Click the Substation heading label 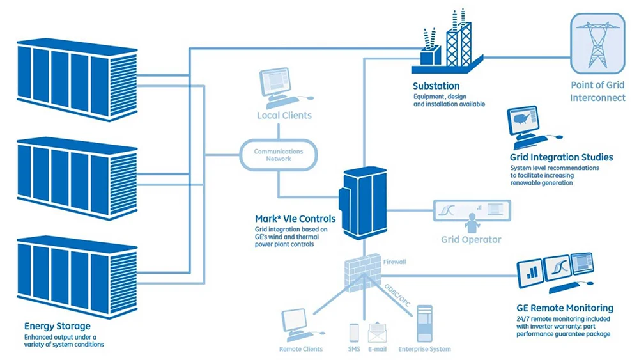(436, 86)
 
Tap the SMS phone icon (354, 333)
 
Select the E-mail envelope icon (378, 333)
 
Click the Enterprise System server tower (425, 324)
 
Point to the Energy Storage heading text (57, 325)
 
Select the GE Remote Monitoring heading (565, 308)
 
